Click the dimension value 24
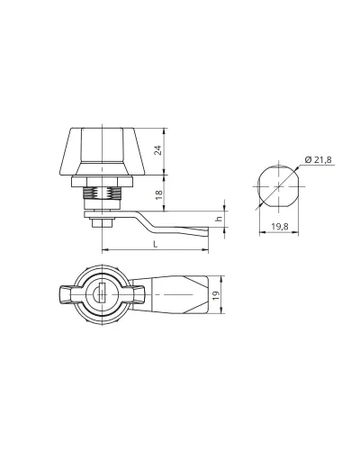tap(158, 150)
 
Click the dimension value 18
tap(158, 194)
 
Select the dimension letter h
tap(219, 219)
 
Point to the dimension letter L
tap(155, 245)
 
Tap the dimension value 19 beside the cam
tap(217, 296)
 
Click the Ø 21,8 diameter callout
tap(319, 160)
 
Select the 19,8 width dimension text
tap(280, 227)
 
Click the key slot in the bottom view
tap(102, 292)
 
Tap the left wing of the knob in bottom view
tap(67, 294)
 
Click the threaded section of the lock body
tap(102, 193)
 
